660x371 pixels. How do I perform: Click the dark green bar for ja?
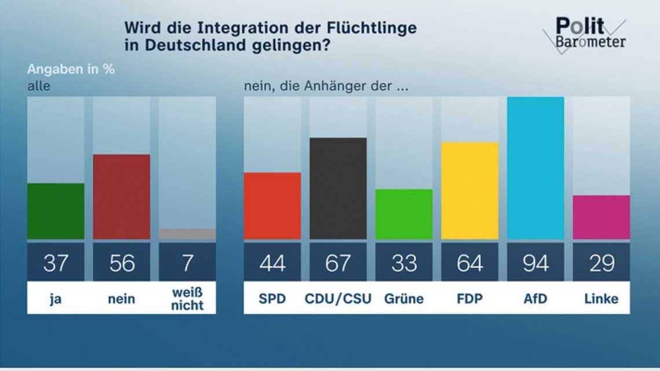56,211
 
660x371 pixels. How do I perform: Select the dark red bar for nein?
122,197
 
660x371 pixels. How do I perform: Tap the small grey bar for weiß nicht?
188,234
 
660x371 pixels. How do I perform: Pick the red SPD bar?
272,206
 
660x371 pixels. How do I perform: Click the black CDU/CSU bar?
338,188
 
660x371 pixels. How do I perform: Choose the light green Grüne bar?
404,214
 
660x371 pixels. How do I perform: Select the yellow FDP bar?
470,191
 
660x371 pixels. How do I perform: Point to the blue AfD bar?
536,168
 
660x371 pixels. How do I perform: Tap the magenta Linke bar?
602,217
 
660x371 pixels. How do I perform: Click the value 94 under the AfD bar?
536,263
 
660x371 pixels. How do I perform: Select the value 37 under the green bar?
56,263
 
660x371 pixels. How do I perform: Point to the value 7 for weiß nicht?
188,263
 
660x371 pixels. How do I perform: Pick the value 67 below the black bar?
338,263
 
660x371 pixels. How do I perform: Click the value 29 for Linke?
602,263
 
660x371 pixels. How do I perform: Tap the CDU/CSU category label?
338,299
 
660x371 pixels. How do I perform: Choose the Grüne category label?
404,299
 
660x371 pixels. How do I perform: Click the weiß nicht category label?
188,299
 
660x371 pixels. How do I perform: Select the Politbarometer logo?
585,34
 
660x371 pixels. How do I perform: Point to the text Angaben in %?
71,69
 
